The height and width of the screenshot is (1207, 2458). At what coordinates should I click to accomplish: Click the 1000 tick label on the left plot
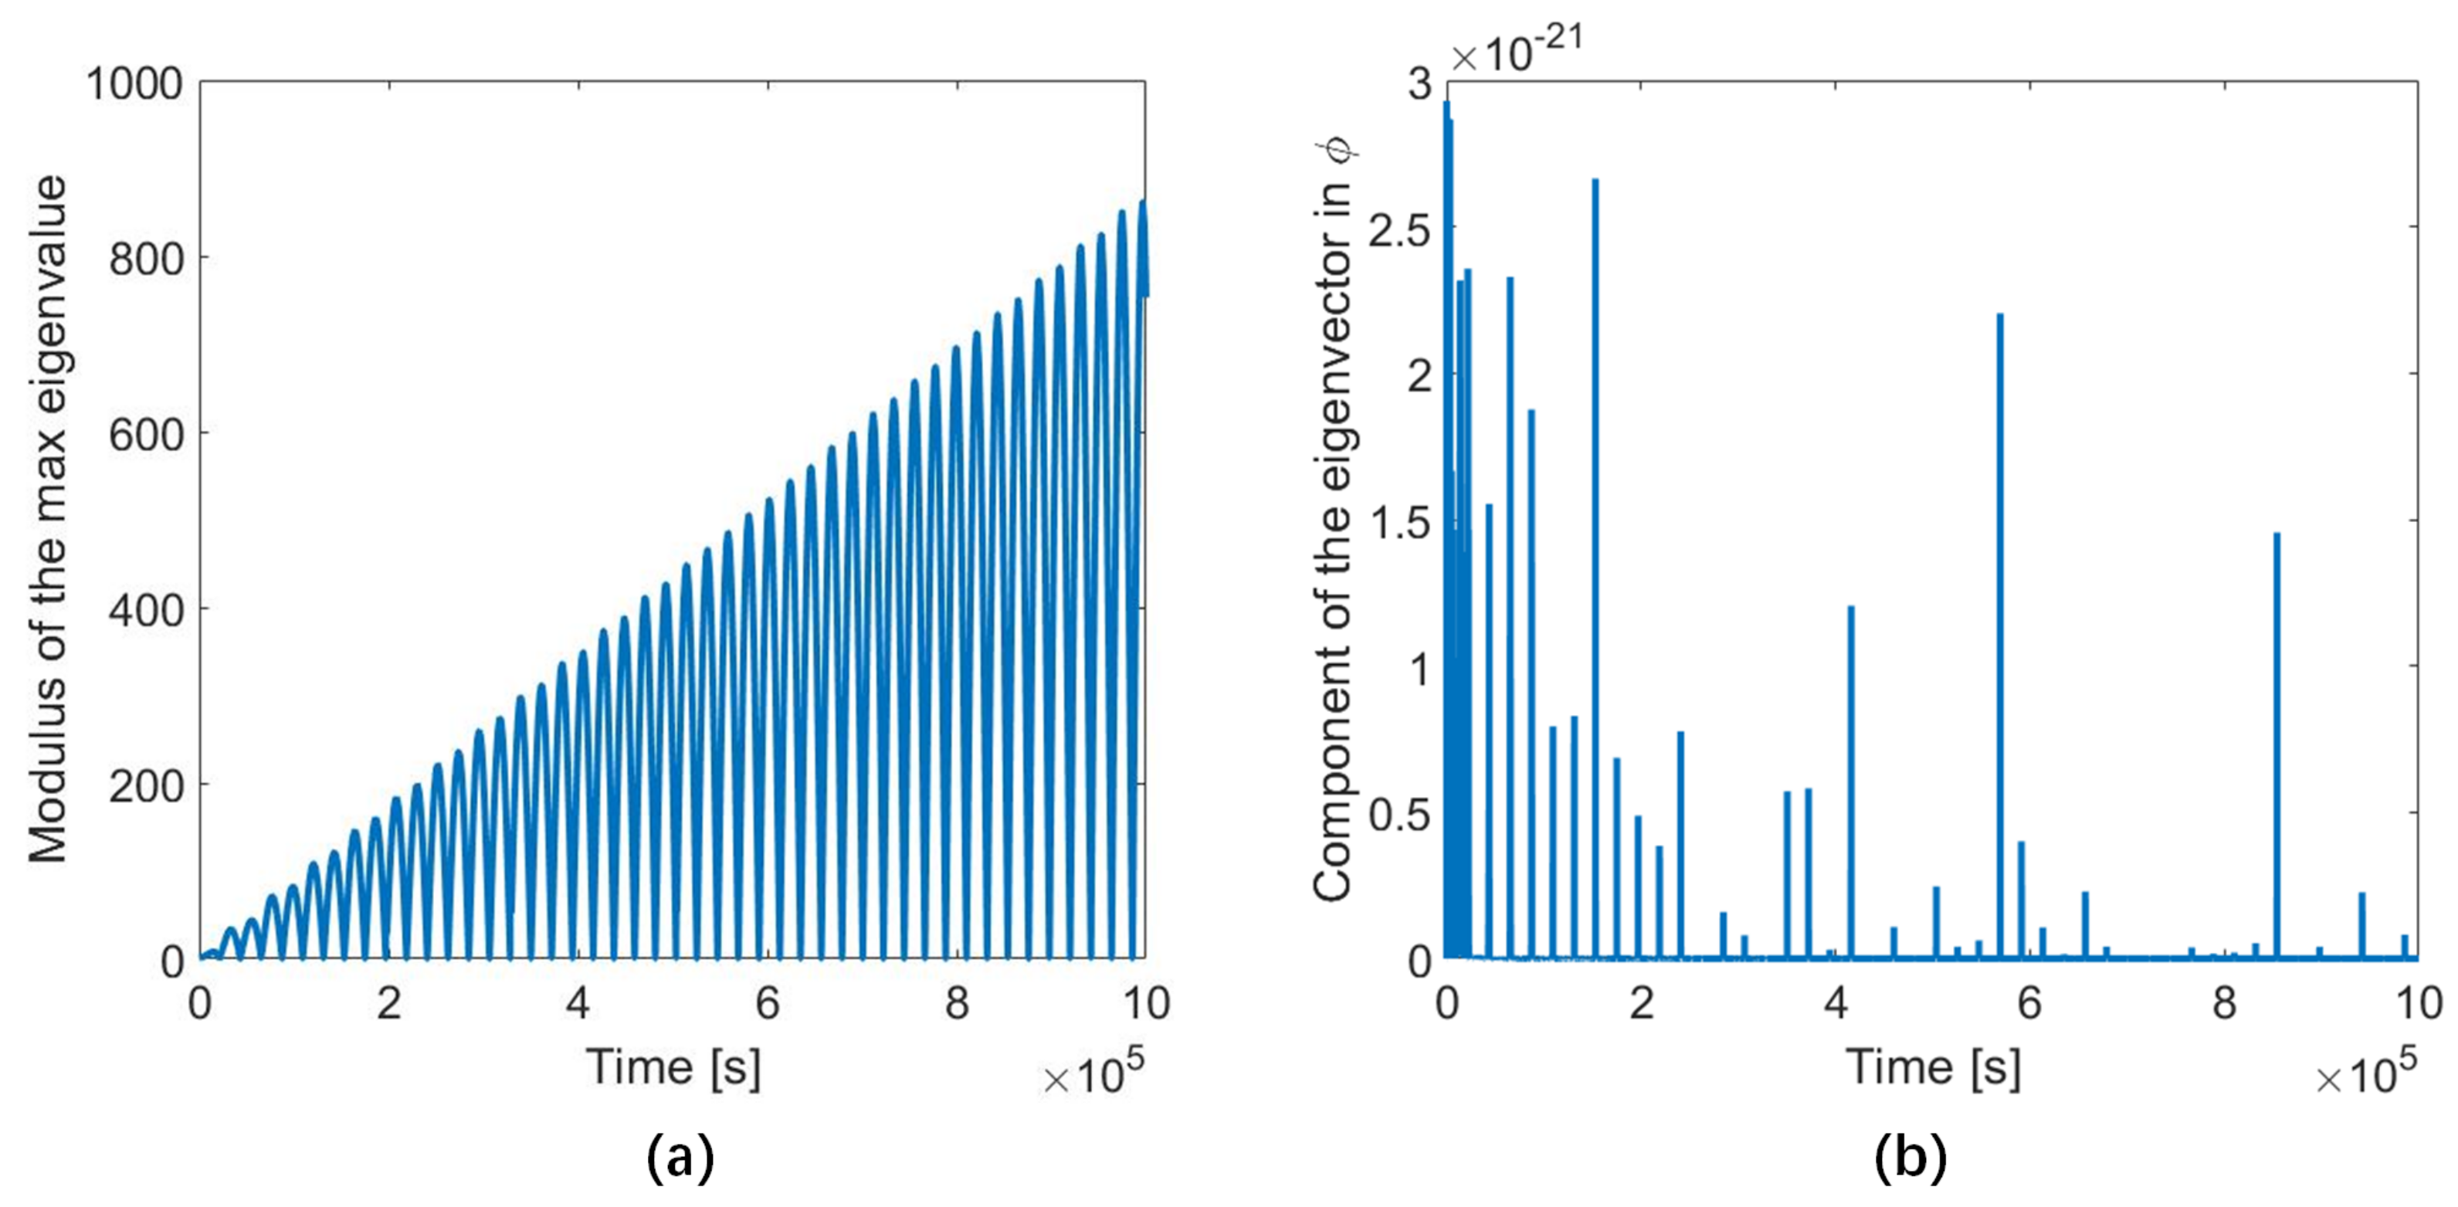pyautogui.click(x=134, y=84)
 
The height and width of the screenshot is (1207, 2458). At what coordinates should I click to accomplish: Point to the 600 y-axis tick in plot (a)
pyautogui.click(x=146, y=435)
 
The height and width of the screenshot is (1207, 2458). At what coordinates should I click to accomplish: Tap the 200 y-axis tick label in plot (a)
pyautogui.click(x=146, y=786)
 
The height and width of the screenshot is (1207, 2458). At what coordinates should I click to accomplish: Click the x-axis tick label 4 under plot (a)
pyautogui.click(x=578, y=1003)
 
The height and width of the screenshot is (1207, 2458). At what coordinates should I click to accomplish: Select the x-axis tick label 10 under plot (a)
pyautogui.click(x=1145, y=1003)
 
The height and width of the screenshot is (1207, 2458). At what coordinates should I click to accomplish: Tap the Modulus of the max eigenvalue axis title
pyautogui.click(x=48, y=520)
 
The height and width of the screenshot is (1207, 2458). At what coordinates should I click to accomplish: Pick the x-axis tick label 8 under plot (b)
pyautogui.click(x=2224, y=1003)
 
